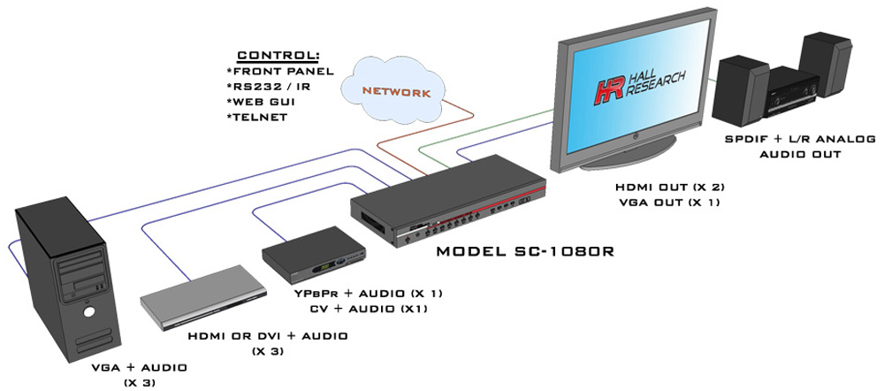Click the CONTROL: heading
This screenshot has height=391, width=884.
(x=278, y=56)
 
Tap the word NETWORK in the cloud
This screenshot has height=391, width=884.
(x=396, y=92)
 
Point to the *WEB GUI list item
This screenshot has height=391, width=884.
(x=261, y=102)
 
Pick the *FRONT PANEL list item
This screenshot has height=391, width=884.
(x=279, y=72)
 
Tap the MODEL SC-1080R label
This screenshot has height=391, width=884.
(x=525, y=251)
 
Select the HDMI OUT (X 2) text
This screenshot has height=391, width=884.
(x=668, y=187)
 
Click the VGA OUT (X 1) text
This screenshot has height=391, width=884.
(x=668, y=203)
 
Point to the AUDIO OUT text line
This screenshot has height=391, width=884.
(x=800, y=153)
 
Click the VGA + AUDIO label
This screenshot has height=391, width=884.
(x=140, y=368)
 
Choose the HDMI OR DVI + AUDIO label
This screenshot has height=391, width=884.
(x=268, y=336)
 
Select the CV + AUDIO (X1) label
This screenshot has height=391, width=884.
(x=369, y=310)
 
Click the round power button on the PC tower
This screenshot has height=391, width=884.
(x=88, y=311)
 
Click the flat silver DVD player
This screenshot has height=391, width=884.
(x=203, y=296)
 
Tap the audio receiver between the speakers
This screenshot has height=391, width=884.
(x=790, y=94)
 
